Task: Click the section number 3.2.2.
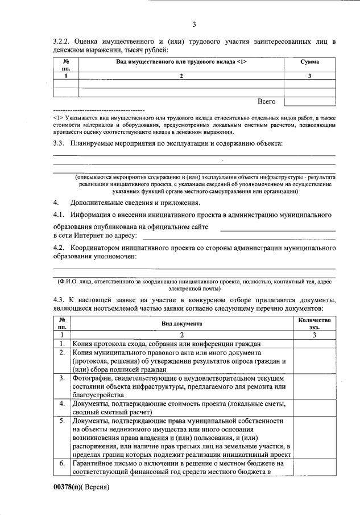click(61, 42)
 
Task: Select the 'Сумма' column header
click(309, 61)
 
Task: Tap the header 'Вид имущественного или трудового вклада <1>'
click(181, 61)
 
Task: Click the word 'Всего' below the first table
click(266, 101)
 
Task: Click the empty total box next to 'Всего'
click(309, 101)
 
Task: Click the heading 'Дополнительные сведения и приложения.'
click(135, 203)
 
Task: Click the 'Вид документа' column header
click(181, 323)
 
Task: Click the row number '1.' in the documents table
click(62, 344)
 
